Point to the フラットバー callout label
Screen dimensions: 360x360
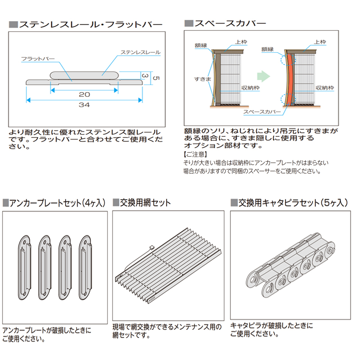tap(38, 59)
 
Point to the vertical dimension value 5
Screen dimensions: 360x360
tap(155, 77)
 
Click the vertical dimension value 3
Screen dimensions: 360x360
tap(145, 76)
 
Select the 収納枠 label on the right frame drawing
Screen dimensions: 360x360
tap(324, 88)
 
